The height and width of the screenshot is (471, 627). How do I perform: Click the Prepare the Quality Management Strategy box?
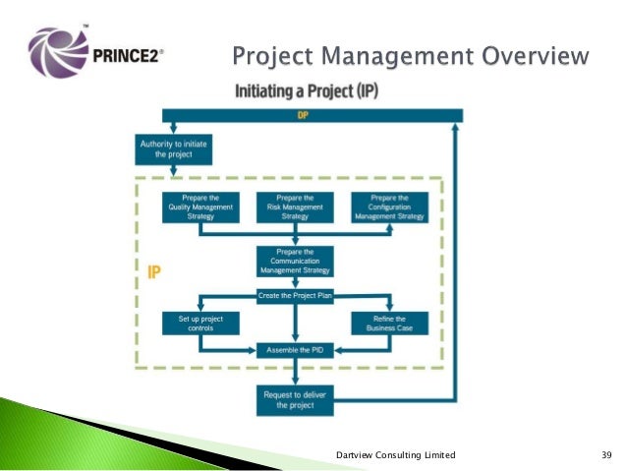[199, 206]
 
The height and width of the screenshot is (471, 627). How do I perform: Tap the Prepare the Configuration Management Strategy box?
[390, 206]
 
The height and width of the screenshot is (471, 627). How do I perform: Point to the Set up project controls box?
[199, 323]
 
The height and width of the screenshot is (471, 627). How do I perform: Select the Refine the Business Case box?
[390, 323]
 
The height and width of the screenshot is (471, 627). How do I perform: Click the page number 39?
[606, 454]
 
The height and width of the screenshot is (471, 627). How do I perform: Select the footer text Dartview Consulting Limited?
[395, 454]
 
